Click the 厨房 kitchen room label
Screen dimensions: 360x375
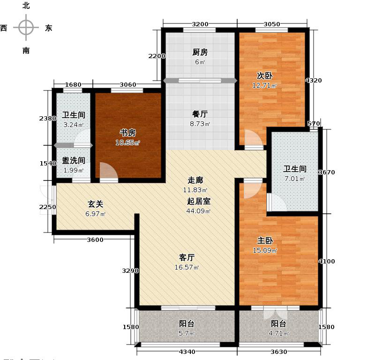200,52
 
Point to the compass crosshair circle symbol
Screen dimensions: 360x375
26,28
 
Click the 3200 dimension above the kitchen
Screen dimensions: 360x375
200,24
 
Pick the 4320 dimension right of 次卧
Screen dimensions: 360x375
314,81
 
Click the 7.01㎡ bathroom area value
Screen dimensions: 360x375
294,179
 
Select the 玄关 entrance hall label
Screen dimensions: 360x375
96,204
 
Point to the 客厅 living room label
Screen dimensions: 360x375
187,257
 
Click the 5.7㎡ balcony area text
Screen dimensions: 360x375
186,333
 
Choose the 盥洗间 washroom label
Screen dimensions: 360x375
74,160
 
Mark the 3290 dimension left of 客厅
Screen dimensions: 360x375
130,270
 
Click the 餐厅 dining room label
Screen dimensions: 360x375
200,114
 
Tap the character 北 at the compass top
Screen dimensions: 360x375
26,6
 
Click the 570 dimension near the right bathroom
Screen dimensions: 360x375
314,123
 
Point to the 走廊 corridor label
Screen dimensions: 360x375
182,180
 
